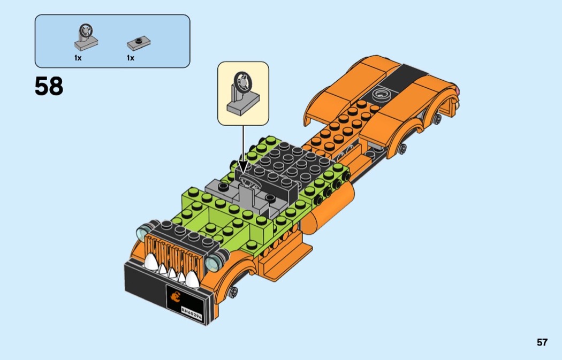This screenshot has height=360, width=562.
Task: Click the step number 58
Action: [49, 86]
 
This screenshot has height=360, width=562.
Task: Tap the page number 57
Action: [542, 342]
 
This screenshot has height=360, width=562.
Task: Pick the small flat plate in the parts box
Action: [138, 43]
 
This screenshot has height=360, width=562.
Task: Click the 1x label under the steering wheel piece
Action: [78, 58]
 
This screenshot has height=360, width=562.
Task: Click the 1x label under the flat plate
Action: [131, 58]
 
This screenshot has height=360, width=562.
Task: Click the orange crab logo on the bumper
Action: [176, 297]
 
